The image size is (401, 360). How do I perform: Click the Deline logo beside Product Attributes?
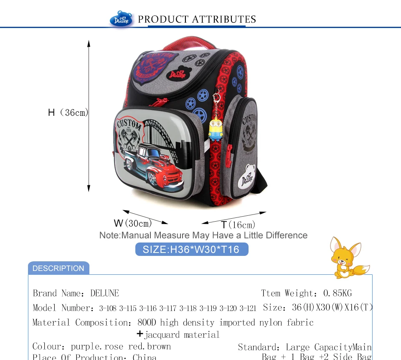121,19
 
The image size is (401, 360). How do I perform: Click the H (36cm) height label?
68,112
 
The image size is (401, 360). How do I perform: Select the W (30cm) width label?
133,223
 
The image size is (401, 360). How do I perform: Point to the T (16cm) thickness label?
238,225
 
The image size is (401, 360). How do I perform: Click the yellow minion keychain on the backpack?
216,128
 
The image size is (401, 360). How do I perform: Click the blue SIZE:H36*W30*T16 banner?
192,250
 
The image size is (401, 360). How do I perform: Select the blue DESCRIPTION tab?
58,268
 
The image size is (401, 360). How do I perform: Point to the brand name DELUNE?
104,293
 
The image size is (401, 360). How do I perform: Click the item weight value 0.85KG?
338,293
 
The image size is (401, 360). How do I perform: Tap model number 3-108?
108,309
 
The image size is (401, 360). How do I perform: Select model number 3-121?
248,309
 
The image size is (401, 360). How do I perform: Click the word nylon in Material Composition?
271,322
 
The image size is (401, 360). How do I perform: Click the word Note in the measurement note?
109,235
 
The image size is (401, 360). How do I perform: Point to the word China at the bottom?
145,357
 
